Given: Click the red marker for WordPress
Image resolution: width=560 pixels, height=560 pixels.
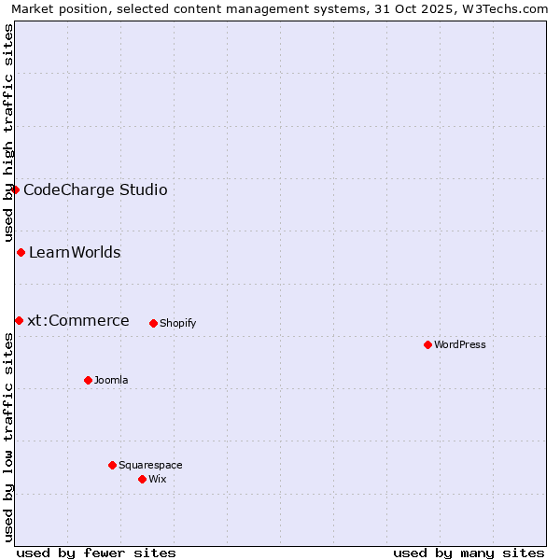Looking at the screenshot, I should click(427, 344).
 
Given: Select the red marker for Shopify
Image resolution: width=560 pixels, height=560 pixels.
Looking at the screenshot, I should click(153, 323).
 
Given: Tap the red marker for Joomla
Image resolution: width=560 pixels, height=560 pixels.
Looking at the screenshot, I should click(88, 380).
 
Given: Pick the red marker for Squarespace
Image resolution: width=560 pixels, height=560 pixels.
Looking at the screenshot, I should click(112, 465).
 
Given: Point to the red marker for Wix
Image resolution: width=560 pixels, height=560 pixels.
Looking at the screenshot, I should click(142, 479).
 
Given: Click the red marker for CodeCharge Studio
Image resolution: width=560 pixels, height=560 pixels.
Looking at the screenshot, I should click(15, 189).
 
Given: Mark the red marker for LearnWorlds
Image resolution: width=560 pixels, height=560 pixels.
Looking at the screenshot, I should click(21, 252).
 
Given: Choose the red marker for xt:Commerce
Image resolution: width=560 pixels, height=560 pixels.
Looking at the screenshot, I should click(19, 320).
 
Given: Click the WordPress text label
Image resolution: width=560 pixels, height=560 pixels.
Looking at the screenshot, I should click(460, 345).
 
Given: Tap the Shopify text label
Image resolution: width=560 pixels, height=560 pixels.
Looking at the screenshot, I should click(177, 324).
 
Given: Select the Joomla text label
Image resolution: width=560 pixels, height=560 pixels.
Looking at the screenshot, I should click(111, 381).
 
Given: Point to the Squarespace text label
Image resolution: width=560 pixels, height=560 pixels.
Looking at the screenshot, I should click(150, 466).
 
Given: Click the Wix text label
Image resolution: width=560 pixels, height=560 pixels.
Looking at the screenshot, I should click(158, 480).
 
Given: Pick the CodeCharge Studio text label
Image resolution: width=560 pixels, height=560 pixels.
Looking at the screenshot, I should click(95, 190).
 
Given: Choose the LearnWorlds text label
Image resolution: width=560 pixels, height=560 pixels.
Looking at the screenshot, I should click(75, 253).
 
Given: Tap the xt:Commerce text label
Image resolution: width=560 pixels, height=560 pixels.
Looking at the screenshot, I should click(78, 321).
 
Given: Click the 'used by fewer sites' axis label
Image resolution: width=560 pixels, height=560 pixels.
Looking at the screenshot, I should click(96, 553).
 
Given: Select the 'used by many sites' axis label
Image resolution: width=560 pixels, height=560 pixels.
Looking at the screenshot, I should click(469, 553).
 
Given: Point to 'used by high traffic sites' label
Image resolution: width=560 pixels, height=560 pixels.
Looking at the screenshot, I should click(8, 133).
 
